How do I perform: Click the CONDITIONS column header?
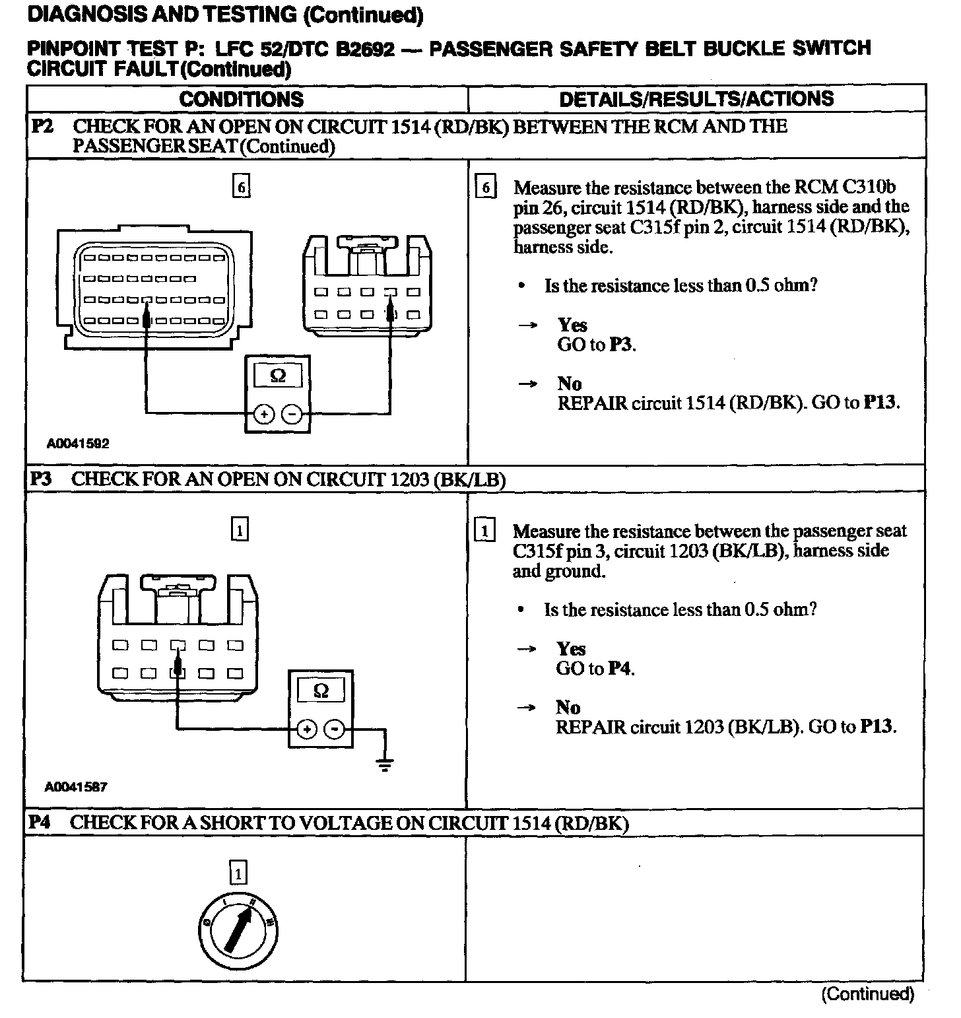click(242, 99)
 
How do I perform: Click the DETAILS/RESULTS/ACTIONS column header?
click(696, 99)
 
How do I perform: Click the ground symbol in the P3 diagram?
click(385, 764)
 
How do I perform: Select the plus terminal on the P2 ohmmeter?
click(263, 415)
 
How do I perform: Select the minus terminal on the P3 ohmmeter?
click(335, 728)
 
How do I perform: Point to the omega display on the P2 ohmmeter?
click(278, 376)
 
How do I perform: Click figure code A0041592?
click(77, 444)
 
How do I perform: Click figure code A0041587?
click(76, 787)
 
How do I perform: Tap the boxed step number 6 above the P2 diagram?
click(242, 187)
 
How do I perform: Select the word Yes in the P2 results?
click(572, 325)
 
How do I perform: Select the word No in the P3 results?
click(568, 708)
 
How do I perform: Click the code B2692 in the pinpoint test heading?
click(366, 49)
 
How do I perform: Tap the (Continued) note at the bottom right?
click(867, 994)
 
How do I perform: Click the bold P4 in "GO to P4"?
click(619, 669)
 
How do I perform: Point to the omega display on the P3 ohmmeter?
click(321, 691)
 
